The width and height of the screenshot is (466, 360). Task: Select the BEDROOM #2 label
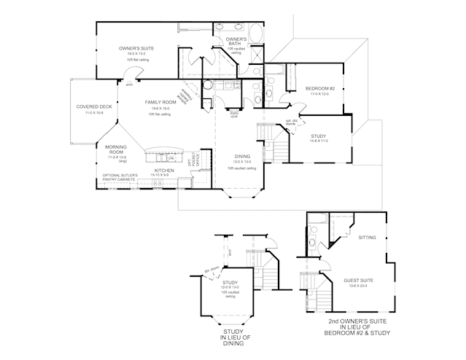pyautogui.click(x=319, y=88)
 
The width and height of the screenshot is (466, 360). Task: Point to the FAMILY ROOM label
pyautogui.click(x=160, y=102)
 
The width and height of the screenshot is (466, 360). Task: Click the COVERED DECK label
pyautogui.click(x=94, y=106)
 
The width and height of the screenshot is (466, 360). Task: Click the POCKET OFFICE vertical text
pyautogui.click(x=192, y=160)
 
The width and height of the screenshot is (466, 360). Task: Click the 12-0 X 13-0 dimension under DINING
pyautogui.click(x=242, y=161)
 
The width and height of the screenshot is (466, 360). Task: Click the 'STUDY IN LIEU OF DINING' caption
pyautogui.click(x=232, y=337)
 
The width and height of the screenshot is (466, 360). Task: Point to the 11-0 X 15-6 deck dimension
pyautogui.click(x=94, y=112)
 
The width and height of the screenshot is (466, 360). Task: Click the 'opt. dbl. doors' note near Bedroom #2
pyautogui.click(x=290, y=122)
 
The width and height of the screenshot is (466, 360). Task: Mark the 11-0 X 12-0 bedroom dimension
pyautogui.click(x=319, y=94)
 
